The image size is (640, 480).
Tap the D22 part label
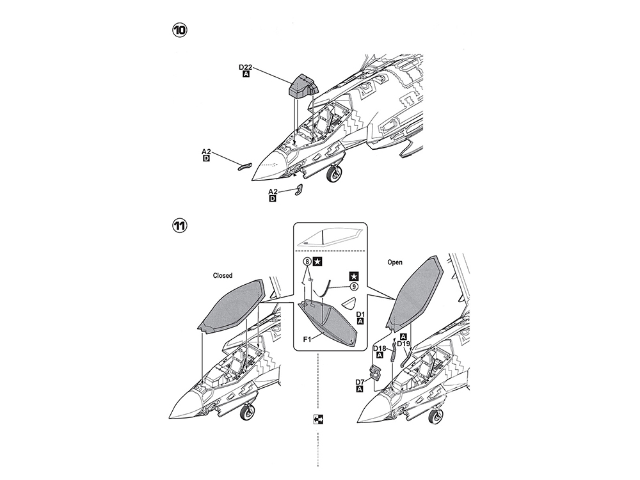(x=246, y=67)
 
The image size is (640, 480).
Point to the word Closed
(x=222, y=276)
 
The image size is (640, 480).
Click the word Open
(x=395, y=263)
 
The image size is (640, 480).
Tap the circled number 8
(x=307, y=262)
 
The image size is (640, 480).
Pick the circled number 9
(x=353, y=288)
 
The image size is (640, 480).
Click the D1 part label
(x=360, y=314)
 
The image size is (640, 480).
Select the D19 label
(x=403, y=344)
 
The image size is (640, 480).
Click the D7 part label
(x=360, y=382)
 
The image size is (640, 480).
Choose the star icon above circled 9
(x=353, y=276)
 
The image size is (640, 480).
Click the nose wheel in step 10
(x=334, y=173)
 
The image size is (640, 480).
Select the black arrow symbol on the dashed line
(x=319, y=420)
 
